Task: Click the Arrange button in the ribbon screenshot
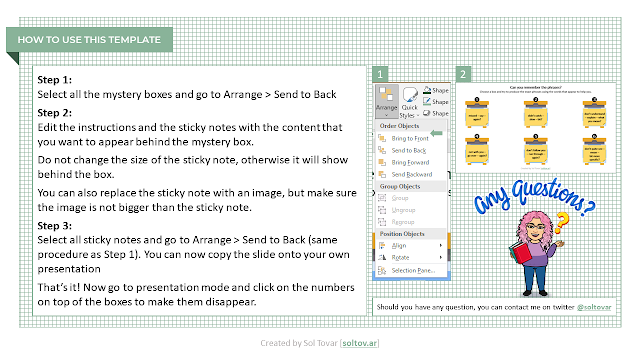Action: pos(386,100)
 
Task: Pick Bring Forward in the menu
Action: pos(410,161)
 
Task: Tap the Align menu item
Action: pos(399,244)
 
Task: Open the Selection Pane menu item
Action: pos(412,270)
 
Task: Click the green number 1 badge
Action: pos(379,74)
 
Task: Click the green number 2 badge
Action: pos(463,74)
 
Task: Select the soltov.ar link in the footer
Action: pos(360,343)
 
